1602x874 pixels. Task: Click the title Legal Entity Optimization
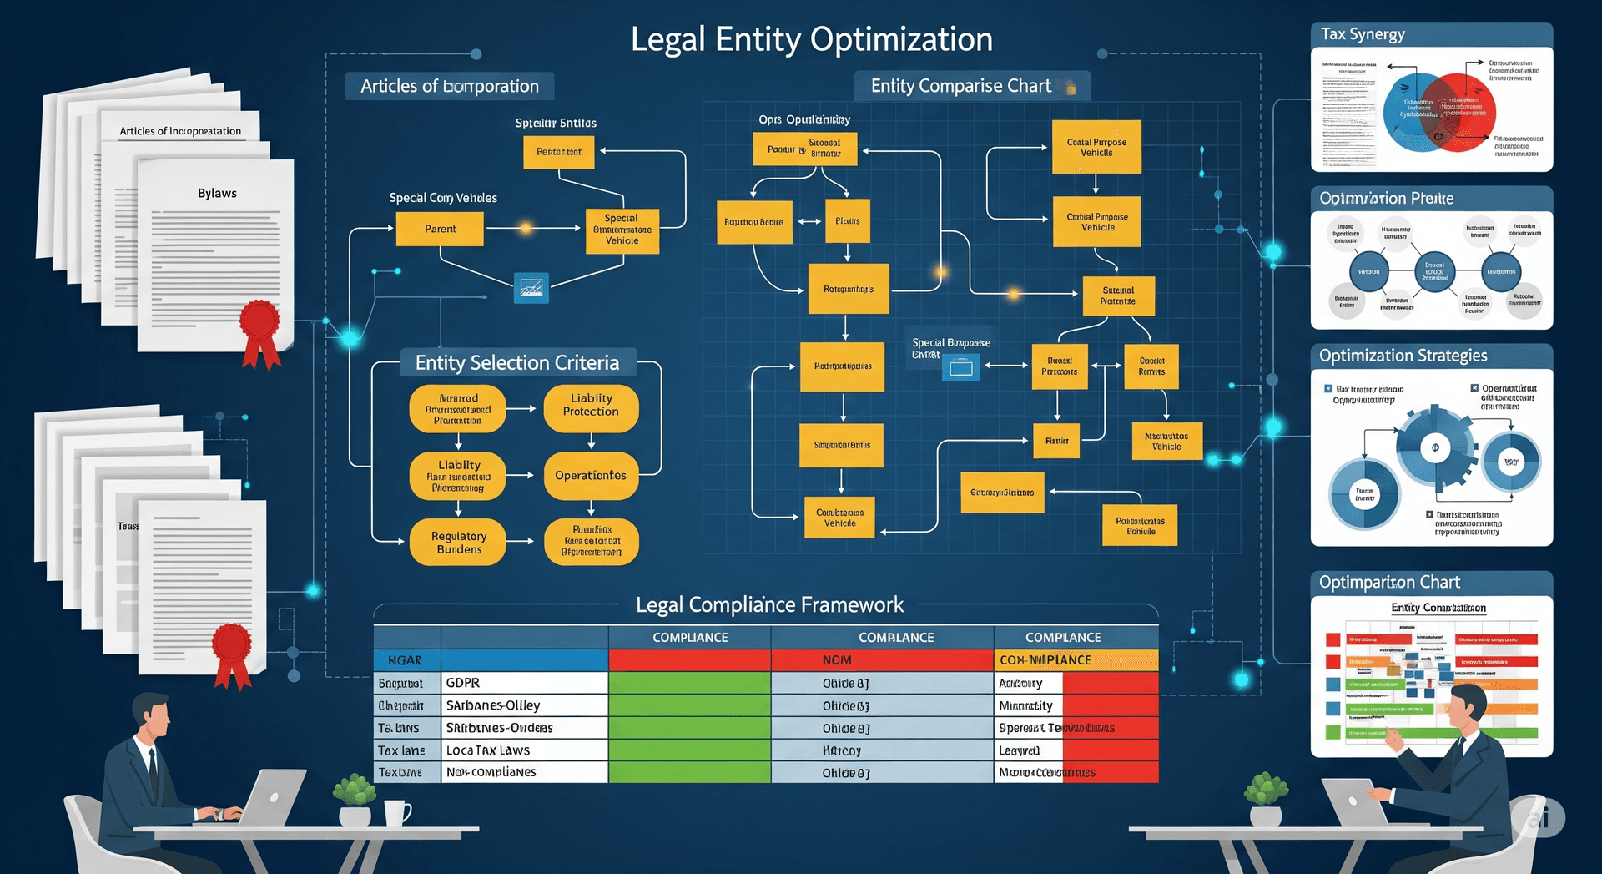[811, 39]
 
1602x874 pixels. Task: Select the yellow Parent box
[440, 229]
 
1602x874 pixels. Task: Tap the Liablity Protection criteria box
[591, 406]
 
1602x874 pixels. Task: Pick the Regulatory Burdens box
[458, 543]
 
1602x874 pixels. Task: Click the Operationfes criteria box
[591, 476]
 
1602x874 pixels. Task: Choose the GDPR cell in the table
[523, 683]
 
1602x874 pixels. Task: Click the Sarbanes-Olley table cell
[523, 705]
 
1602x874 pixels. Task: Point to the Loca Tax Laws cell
[523, 750]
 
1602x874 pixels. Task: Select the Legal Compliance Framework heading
[768, 604]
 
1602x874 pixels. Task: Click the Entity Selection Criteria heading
[517, 363]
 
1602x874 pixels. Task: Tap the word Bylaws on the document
[217, 193]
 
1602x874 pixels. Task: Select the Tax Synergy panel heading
[1363, 34]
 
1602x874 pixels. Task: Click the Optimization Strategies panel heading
[1403, 356]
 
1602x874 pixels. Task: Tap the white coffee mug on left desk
[396, 812]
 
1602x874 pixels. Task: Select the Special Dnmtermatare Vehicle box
[622, 230]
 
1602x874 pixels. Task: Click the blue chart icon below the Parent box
[531, 288]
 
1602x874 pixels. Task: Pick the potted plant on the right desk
[1266, 797]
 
